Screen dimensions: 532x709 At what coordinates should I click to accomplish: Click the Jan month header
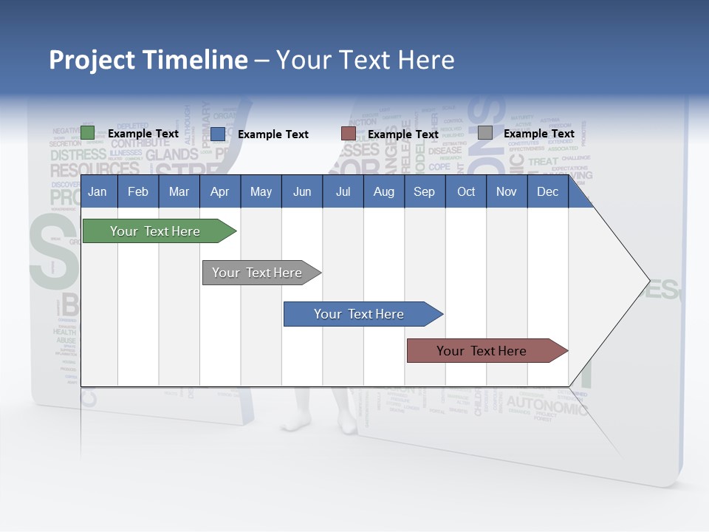[97, 192]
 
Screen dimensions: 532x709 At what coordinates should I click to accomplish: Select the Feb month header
[138, 192]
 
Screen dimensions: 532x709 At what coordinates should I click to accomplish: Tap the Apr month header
[220, 192]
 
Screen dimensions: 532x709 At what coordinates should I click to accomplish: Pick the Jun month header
[302, 192]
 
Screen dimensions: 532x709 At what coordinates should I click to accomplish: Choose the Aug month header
[384, 192]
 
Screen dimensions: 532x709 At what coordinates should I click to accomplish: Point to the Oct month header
[466, 192]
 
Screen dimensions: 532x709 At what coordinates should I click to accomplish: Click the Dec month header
[548, 192]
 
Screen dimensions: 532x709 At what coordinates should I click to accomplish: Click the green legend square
[88, 133]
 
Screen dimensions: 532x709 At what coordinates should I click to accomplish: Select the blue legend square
[218, 134]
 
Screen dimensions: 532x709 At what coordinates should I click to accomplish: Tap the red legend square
[349, 134]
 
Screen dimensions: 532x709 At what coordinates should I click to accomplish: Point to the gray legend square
[485, 133]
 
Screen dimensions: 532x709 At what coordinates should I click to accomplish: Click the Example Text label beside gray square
[539, 134]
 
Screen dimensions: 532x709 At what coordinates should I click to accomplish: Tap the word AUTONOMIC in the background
[547, 403]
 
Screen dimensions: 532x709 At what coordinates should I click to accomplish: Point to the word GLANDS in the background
[172, 154]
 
